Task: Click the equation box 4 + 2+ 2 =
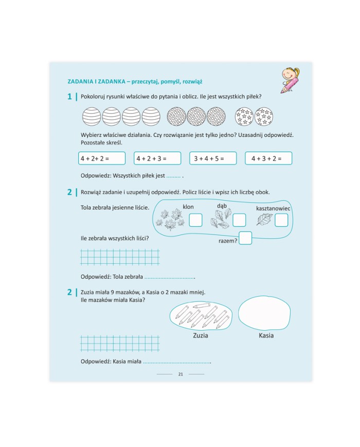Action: click(x=102, y=158)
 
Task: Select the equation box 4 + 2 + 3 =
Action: click(x=157, y=158)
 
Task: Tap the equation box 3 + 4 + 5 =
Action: click(x=213, y=158)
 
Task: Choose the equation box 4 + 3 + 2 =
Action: click(x=268, y=158)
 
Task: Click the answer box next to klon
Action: click(x=195, y=220)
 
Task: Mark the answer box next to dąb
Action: click(x=239, y=220)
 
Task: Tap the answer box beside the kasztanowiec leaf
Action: click(x=281, y=220)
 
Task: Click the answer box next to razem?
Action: click(x=245, y=238)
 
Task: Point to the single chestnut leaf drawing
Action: click(x=264, y=220)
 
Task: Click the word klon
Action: click(x=188, y=207)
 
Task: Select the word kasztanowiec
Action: click(x=273, y=208)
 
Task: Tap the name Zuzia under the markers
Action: click(x=201, y=335)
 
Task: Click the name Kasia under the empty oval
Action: click(x=266, y=335)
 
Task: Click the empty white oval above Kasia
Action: click(x=264, y=313)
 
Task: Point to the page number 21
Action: click(x=181, y=374)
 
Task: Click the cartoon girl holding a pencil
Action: click(x=290, y=80)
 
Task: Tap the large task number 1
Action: click(x=69, y=97)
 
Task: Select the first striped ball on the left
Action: click(x=92, y=116)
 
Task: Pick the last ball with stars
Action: click(x=264, y=116)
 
